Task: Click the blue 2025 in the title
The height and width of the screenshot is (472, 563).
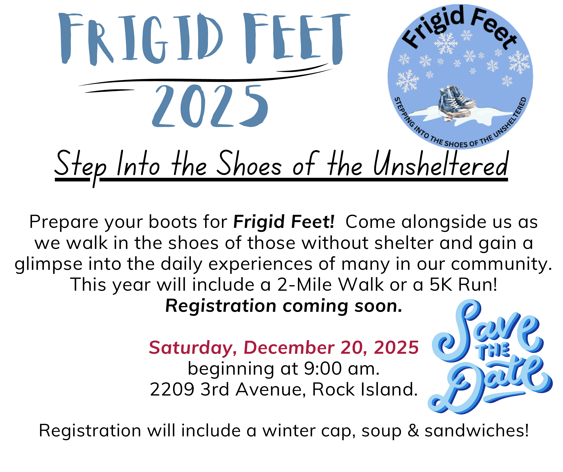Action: click(210, 106)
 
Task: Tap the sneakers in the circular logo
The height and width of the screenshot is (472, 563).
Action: click(456, 103)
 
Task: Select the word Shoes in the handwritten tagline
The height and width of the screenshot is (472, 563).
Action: click(249, 164)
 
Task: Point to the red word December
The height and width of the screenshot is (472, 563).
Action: click(289, 348)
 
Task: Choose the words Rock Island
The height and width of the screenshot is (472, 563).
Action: click(365, 389)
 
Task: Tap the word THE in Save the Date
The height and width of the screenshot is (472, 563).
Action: click(493, 351)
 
